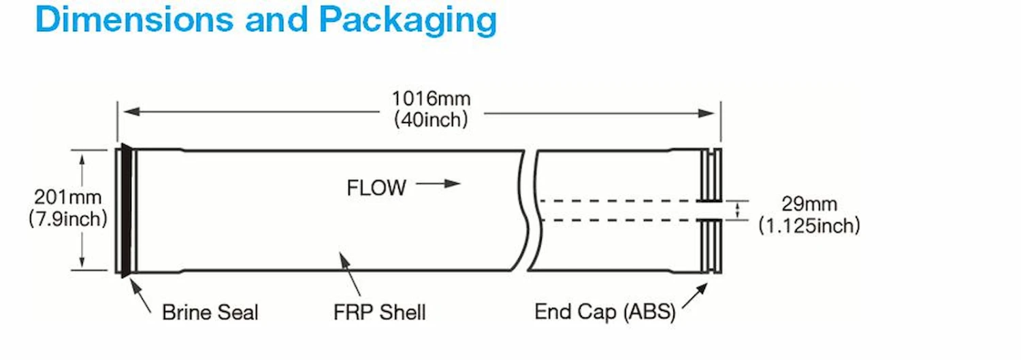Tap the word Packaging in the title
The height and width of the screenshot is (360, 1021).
click(408, 20)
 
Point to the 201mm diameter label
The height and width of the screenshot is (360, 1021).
click(67, 198)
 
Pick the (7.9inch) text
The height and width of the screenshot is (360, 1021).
click(67, 218)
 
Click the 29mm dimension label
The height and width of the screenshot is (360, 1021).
click(809, 204)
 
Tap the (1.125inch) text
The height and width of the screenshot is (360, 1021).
click(809, 225)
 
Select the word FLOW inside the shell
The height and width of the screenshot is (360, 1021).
click(376, 188)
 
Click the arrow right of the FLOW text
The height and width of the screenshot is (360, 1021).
click(439, 184)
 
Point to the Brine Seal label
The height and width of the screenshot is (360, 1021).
click(210, 312)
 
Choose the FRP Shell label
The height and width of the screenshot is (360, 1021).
click(380, 312)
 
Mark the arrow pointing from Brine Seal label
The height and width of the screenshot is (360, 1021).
click(143, 299)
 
